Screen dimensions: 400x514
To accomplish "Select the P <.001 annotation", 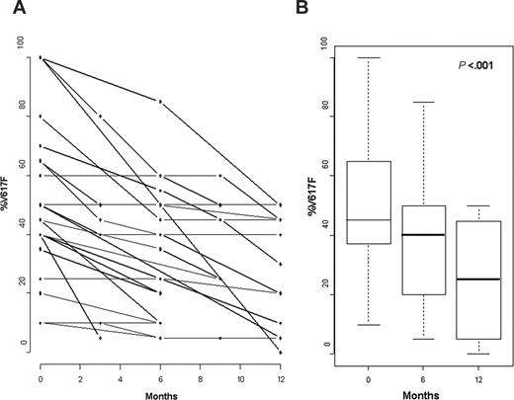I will click(475, 66).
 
